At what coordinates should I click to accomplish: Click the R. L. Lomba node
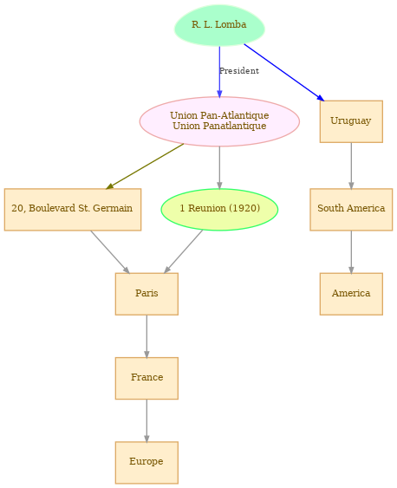pos(219,25)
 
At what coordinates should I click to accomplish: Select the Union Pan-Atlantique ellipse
pos(219,121)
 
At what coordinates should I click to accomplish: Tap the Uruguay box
pos(351,121)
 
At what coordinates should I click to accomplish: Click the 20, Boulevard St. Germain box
pos(73,210)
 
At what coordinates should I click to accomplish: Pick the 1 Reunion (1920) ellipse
pos(219,210)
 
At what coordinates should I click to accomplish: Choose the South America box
pos(351,210)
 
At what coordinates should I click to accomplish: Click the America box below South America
pos(351,294)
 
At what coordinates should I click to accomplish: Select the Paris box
pos(146,294)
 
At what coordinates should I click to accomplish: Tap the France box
pos(146,378)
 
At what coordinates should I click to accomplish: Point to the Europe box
pos(146,463)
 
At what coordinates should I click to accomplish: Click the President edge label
pos(239,71)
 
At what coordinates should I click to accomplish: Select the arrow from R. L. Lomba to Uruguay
pos(284,72)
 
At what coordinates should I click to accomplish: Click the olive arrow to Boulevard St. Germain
pos(145,166)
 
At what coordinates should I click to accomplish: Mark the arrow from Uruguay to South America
pos(351,166)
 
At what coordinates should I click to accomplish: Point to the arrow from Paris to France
pos(146,336)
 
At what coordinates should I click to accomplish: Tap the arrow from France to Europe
pos(146,420)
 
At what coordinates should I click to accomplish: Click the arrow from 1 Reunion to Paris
pos(184,251)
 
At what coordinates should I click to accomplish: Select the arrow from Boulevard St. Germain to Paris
pos(110,252)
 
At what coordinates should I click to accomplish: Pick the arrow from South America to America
pos(351,252)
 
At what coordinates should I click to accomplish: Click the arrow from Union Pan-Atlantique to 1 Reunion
pos(219,167)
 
